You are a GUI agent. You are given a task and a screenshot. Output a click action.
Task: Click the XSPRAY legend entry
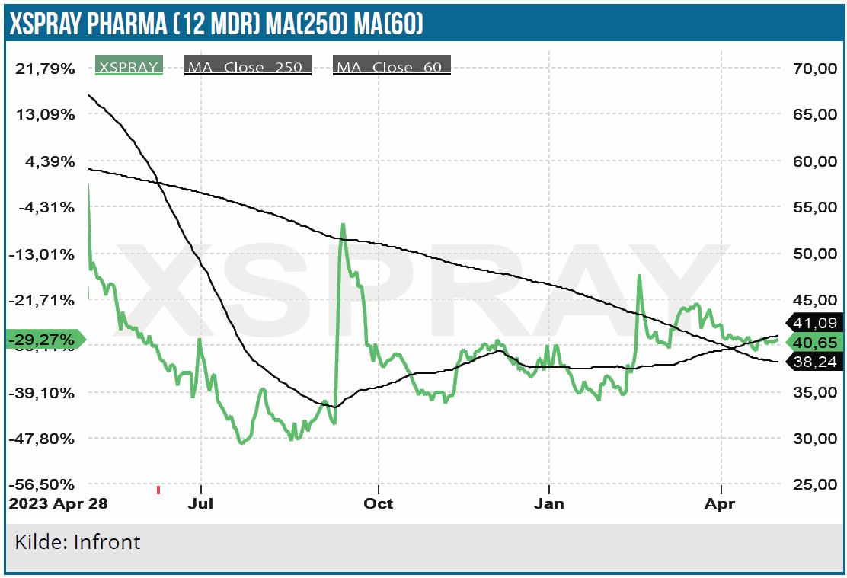coord(127,67)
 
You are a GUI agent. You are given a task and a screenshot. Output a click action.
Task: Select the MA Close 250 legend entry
coord(248,67)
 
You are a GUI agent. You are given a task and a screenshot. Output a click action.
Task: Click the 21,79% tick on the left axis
coord(46,69)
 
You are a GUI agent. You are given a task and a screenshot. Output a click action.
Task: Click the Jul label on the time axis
coord(200,504)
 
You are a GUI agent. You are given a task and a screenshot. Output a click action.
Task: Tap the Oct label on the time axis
coord(378,504)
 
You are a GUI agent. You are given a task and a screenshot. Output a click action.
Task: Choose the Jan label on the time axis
coord(548,504)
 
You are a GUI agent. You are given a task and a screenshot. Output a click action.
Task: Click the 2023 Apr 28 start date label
coord(58,504)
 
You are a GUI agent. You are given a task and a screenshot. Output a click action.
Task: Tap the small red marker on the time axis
coord(158,490)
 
